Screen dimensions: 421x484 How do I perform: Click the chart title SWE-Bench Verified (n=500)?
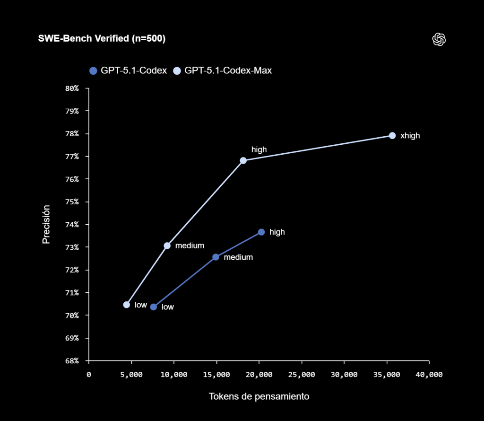tap(102, 39)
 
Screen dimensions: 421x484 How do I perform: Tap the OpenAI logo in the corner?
tap(439, 39)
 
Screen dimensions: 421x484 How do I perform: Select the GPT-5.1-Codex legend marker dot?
tap(93, 70)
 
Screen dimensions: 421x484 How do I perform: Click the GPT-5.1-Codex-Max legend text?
tap(228, 70)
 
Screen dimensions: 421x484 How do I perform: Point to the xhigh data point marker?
tap(392, 135)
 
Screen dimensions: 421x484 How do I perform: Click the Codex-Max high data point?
tap(243, 160)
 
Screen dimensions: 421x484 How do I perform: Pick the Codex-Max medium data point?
tap(167, 246)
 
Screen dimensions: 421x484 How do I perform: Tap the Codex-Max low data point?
tap(126, 305)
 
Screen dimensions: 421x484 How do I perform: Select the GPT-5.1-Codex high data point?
tap(261, 232)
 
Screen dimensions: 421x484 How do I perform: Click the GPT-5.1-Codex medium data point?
tap(216, 257)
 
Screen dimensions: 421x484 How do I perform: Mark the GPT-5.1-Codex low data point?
tap(153, 307)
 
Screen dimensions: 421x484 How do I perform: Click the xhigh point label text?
tap(410, 136)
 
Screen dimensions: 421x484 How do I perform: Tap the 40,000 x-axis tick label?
tap(429, 374)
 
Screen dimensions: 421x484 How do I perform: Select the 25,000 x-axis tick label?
tap(301, 374)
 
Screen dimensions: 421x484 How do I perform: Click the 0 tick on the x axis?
tap(89, 374)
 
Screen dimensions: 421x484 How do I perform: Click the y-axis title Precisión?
tap(46, 224)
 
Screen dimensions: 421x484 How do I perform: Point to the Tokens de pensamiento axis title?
tap(259, 396)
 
